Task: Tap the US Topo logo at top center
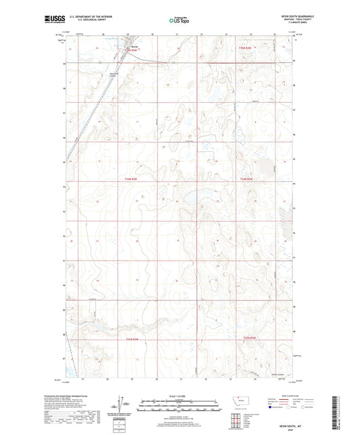[178, 20]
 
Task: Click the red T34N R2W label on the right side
[247, 179]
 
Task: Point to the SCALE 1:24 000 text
[179, 395]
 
